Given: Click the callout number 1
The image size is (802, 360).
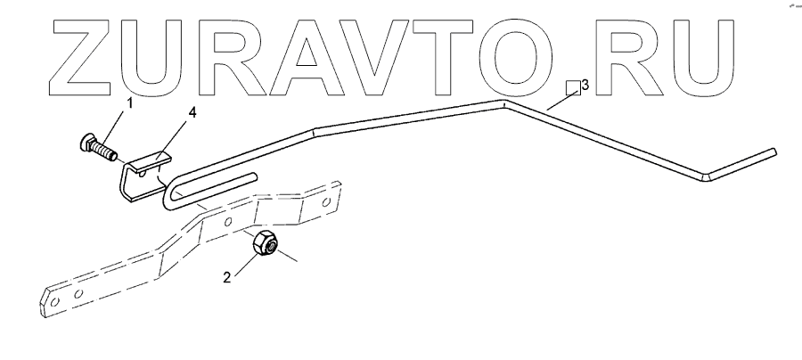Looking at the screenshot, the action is coord(129,103).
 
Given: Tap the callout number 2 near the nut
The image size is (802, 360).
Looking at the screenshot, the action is coord(226,277).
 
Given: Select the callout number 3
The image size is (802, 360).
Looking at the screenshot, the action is coord(585,85).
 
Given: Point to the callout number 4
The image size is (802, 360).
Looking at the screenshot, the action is coord(192,113).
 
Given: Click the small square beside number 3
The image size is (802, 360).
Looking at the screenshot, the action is coord(574,87).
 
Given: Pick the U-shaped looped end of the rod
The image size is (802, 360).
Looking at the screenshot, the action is coord(172,192).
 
